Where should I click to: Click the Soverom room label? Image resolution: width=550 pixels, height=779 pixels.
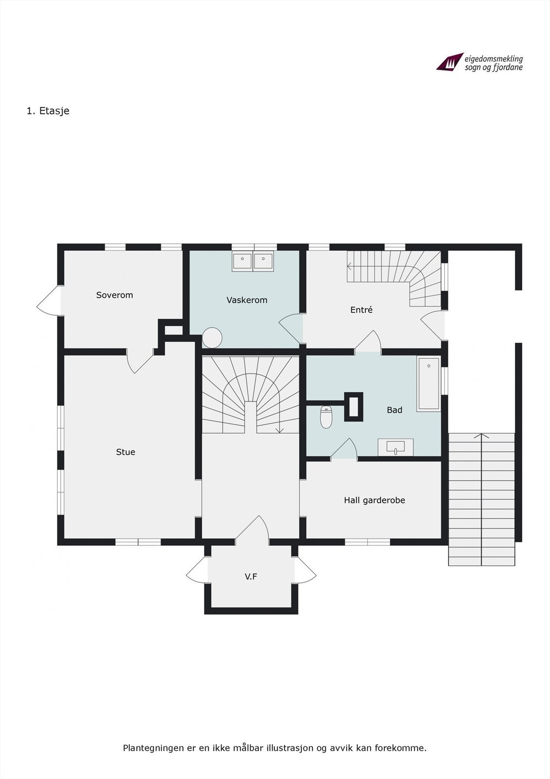tap(114, 295)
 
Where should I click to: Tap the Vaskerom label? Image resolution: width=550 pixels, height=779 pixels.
tap(247, 300)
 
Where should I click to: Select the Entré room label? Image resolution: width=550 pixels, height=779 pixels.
tap(361, 310)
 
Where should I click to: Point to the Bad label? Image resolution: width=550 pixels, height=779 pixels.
tap(394, 410)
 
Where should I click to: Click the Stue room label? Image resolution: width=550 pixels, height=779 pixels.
tap(125, 452)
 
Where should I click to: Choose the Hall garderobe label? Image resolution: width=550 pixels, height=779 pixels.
tap(374, 500)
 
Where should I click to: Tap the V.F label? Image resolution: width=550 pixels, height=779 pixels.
tap(251, 576)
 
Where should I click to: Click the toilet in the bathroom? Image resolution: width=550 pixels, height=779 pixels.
tap(326, 417)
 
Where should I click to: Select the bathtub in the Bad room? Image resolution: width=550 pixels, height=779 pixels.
tap(428, 384)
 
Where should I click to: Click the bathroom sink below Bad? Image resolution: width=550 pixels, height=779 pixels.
tap(395, 446)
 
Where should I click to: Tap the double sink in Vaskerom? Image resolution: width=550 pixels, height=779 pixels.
tap(252, 261)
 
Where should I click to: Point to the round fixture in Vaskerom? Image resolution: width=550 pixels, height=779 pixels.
tap(212, 337)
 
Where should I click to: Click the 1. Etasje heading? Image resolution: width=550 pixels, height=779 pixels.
tap(48, 111)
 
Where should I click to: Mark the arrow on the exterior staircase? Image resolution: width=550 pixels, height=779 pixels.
tap(481, 435)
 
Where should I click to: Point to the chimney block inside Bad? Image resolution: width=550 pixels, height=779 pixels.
tap(354, 407)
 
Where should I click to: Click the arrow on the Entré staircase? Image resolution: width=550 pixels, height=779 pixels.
tap(349, 266)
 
